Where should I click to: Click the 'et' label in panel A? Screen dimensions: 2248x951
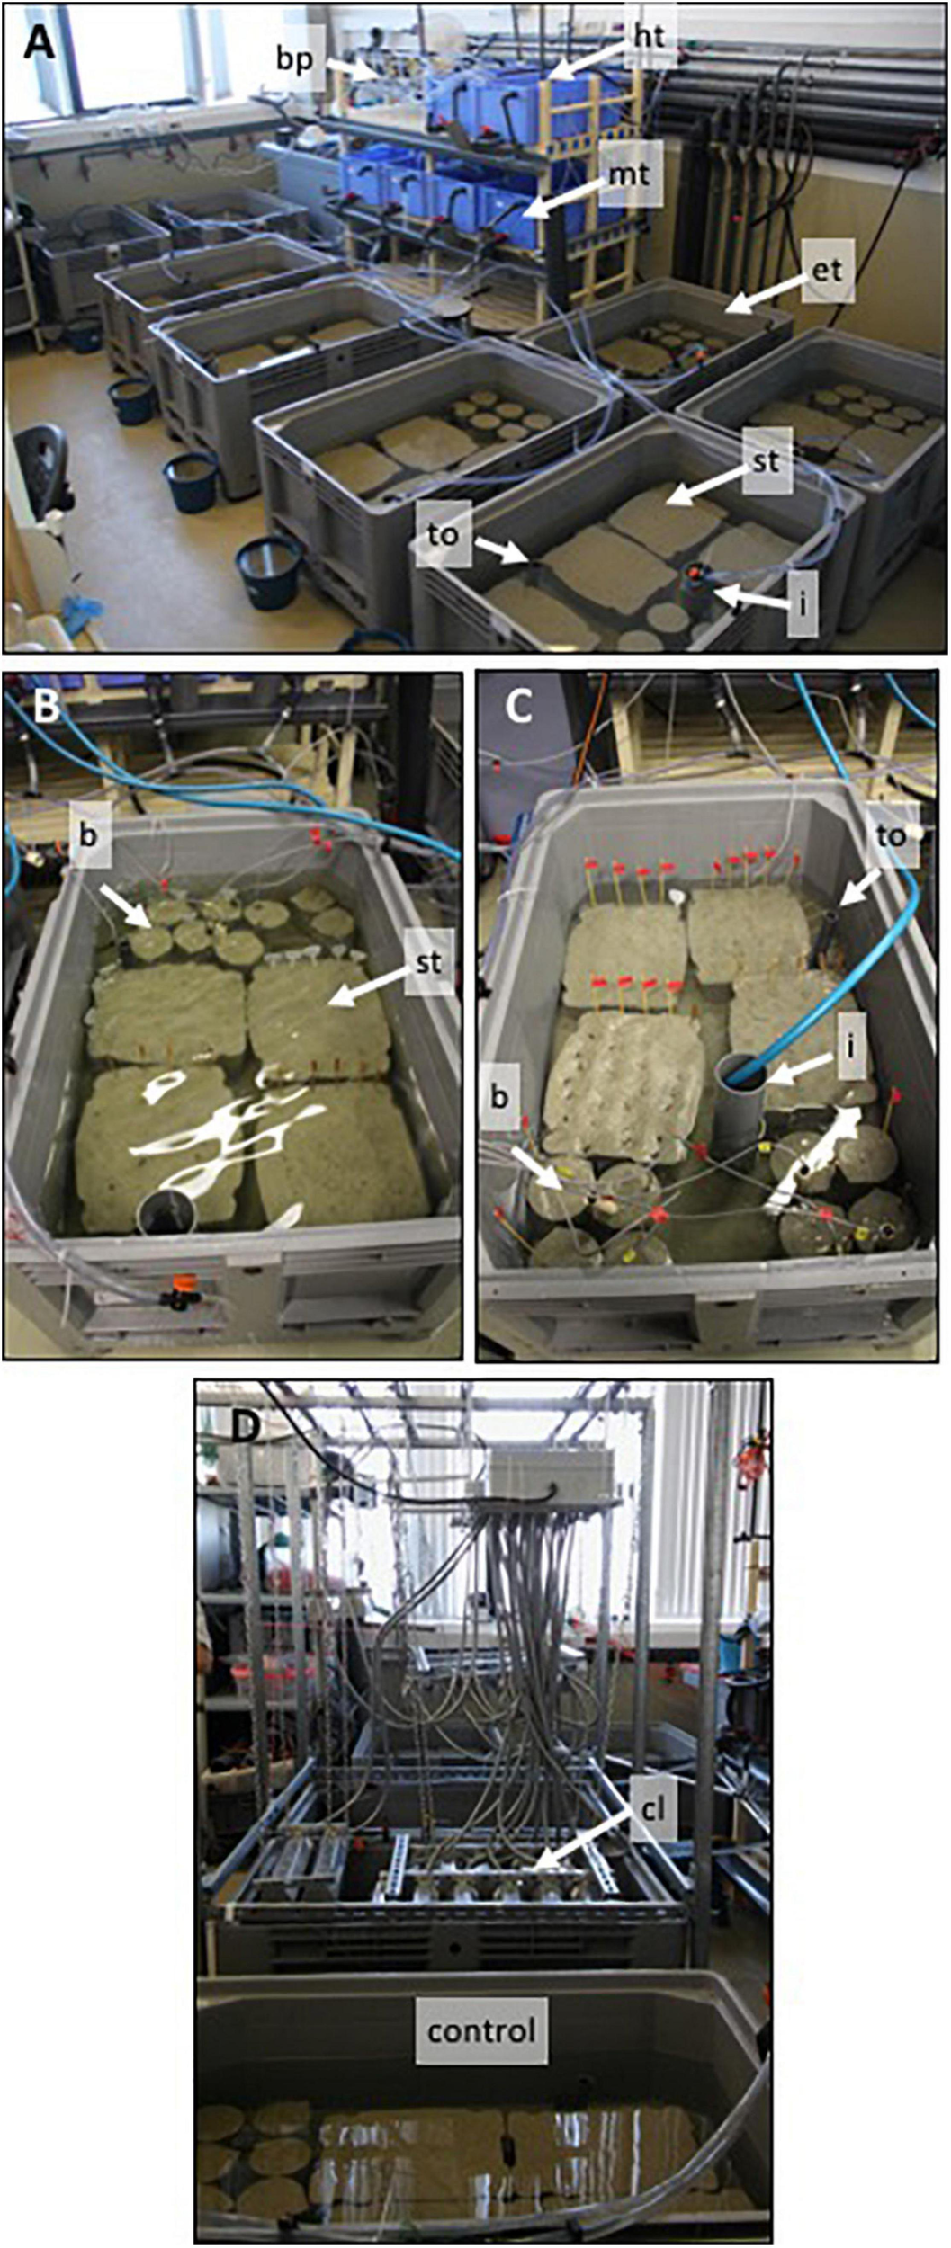pos(824,269)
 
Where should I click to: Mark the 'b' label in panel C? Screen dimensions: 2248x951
pos(503,1098)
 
